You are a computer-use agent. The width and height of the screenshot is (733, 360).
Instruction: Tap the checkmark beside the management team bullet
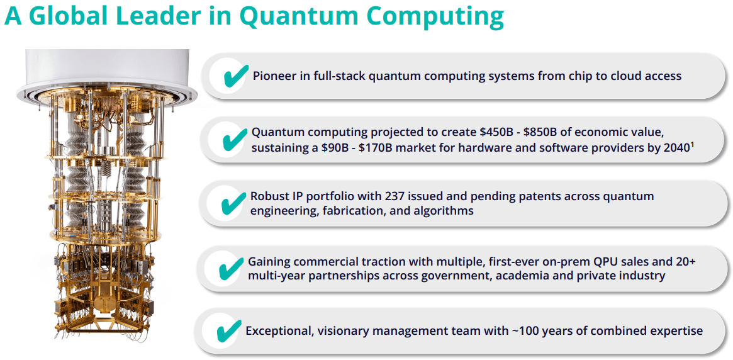tap(228, 331)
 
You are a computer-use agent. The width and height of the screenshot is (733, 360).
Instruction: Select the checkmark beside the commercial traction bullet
tap(231, 268)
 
